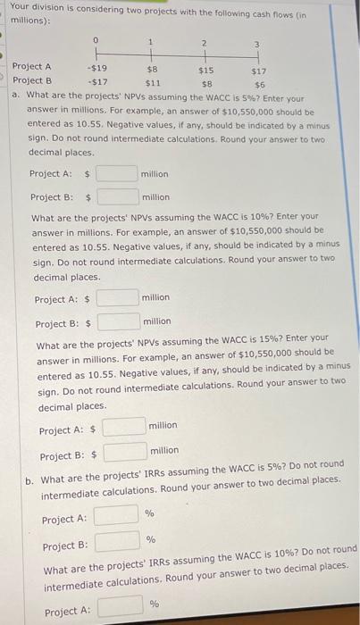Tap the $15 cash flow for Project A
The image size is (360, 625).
coord(205,66)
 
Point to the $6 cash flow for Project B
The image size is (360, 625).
coord(259,80)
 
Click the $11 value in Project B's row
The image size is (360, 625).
coord(152,80)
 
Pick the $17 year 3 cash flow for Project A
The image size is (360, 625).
coord(259,66)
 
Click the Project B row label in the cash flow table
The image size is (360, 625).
coord(31,80)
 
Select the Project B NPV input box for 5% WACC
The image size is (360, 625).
coord(117,196)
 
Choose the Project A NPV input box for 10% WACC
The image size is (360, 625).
coord(117,296)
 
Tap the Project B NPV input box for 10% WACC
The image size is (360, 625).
coord(117,321)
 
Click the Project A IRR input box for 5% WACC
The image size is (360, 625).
coord(116,515)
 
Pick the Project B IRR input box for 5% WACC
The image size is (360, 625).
coord(116,540)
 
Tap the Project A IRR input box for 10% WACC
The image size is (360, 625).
coord(120,608)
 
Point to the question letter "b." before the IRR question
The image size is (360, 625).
coord(29,479)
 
